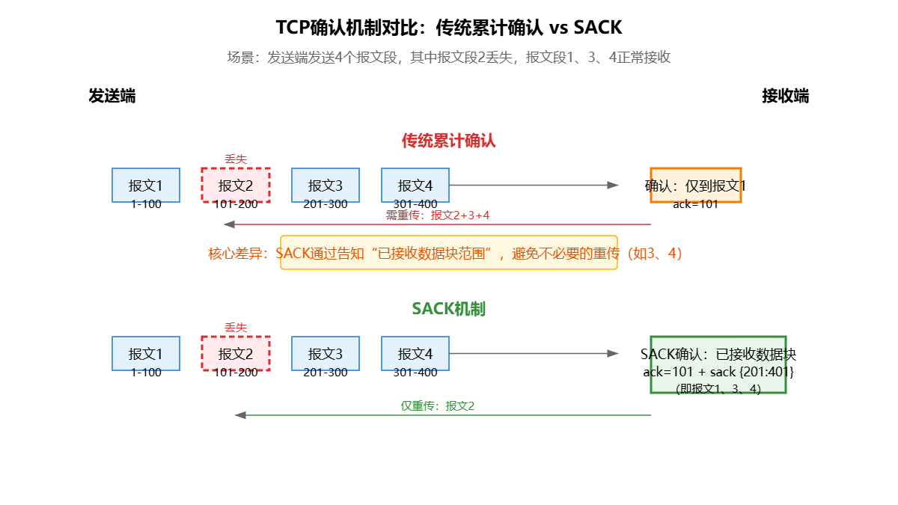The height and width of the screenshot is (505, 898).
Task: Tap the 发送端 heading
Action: click(x=112, y=96)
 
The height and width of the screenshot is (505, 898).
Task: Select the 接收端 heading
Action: click(x=785, y=96)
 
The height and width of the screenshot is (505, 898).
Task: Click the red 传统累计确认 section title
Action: click(x=449, y=141)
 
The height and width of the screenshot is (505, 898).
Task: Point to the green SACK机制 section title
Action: click(x=449, y=309)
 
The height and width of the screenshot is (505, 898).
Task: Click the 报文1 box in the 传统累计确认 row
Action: click(x=146, y=185)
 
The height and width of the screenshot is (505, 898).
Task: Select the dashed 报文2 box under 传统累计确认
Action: click(x=236, y=185)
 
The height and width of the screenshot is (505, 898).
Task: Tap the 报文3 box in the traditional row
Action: click(x=326, y=185)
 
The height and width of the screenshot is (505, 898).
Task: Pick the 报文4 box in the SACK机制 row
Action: click(x=415, y=353)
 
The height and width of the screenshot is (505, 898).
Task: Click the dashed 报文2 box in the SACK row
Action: click(x=236, y=353)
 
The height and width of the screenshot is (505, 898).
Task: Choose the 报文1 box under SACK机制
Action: click(x=146, y=353)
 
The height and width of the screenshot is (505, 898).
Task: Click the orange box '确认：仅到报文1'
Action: click(x=696, y=185)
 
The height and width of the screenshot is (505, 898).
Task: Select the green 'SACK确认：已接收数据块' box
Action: click(x=718, y=364)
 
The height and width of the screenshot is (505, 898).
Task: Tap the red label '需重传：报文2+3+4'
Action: click(x=438, y=215)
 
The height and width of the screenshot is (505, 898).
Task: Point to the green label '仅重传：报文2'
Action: click(x=438, y=406)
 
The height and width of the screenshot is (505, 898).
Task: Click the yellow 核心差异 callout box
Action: click(x=449, y=253)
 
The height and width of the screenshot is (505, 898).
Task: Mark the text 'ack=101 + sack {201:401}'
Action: click(x=718, y=372)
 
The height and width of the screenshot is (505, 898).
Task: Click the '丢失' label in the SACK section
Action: click(x=236, y=328)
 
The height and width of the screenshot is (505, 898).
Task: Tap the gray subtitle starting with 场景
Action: click(x=449, y=58)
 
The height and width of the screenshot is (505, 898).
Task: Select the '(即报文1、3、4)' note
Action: click(x=718, y=388)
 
